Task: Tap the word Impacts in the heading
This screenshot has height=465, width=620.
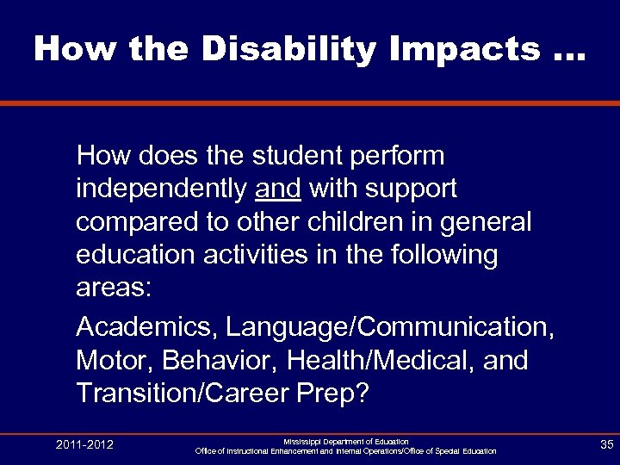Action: (x=438, y=50)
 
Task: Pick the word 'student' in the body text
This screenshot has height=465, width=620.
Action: (x=293, y=156)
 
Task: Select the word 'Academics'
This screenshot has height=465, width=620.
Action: (x=141, y=328)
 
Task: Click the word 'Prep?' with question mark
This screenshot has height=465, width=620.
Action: (x=337, y=394)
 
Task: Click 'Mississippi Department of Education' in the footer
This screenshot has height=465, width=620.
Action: (x=345, y=441)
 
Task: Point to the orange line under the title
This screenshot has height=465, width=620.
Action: (x=310, y=104)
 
